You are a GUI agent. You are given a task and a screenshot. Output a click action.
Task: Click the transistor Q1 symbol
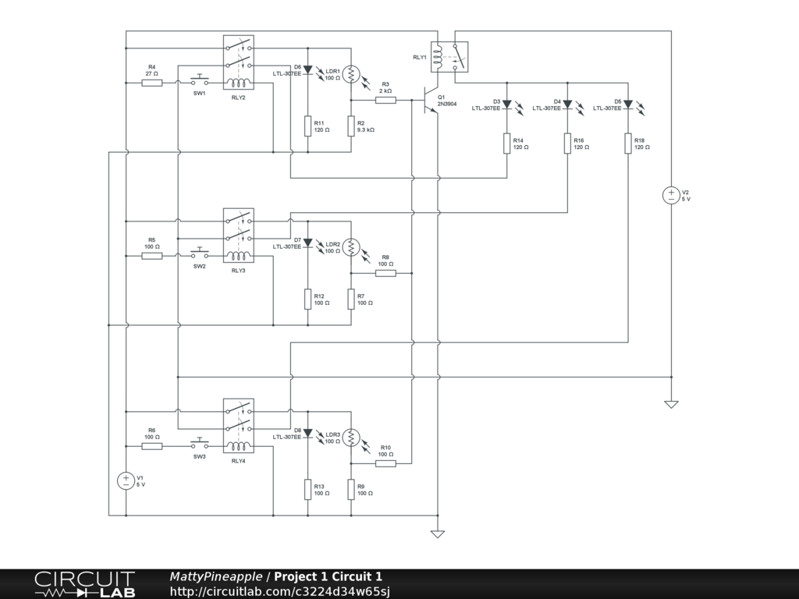429,101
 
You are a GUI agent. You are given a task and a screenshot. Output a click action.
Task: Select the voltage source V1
125,480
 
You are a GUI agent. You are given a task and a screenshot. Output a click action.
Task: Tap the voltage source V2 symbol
670,195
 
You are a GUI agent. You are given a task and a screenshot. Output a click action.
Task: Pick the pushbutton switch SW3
201,444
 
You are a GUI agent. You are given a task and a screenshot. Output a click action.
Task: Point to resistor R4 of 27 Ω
152,82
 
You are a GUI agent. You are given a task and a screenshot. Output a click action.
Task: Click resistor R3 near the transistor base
385,100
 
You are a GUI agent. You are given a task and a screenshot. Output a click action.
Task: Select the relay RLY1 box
449,57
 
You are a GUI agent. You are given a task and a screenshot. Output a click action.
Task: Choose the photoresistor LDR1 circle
351,74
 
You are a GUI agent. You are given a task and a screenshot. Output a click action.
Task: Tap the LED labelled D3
507,104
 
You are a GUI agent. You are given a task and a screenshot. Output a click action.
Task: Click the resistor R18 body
628,144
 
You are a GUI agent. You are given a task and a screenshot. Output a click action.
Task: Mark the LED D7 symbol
307,243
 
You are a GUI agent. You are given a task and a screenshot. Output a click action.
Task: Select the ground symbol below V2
670,404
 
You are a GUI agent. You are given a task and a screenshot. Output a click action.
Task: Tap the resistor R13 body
307,489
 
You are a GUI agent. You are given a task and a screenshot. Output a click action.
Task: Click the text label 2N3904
448,104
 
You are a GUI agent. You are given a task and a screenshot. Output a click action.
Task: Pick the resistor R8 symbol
385,273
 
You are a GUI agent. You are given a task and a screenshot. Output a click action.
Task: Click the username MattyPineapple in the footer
216,577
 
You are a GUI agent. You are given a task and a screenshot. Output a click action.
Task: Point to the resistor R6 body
152,445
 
